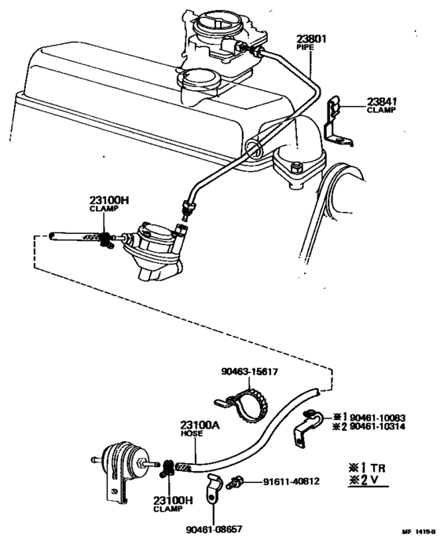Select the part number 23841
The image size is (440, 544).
point(382,101)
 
